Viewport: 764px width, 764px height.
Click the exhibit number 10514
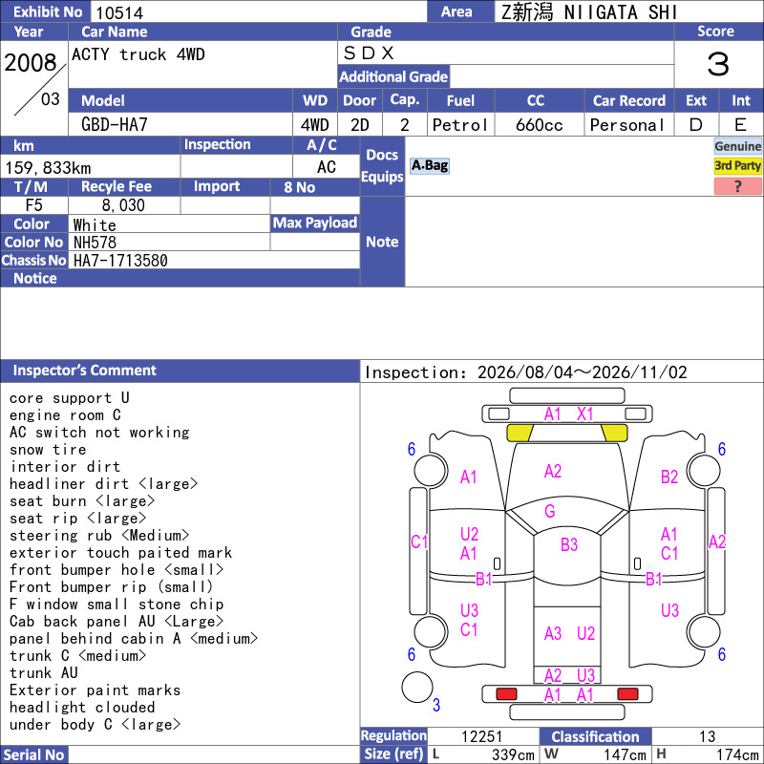pyautogui.click(x=119, y=12)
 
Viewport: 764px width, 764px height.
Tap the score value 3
pyautogui.click(x=718, y=64)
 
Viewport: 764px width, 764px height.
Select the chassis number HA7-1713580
pyautogui.click(x=120, y=261)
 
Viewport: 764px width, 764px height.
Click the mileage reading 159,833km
pyautogui.click(x=48, y=168)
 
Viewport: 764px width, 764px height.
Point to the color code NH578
pyautogui.click(x=95, y=243)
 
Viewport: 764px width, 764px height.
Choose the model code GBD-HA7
pyautogui.click(x=114, y=125)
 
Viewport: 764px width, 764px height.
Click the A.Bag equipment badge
pyautogui.click(x=429, y=165)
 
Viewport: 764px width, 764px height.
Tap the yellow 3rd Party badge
pyautogui.click(x=737, y=166)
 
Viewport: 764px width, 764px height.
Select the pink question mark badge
pyautogui.click(x=737, y=186)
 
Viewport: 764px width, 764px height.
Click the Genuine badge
pyautogui.click(x=737, y=146)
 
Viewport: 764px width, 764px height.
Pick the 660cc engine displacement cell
pyautogui.click(x=539, y=125)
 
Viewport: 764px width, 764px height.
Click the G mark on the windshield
pyautogui.click(x=550, y=511)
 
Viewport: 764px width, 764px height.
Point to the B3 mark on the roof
pyautogui.click(x=568, y=544)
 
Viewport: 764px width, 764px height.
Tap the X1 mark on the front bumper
pyautogui.click(x=584, y=414)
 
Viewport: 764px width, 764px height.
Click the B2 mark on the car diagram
pyautogui.click(x=669, y=477)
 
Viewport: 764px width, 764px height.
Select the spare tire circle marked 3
pyautogui.click(x=417, y=687)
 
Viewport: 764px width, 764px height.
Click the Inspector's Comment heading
pyautogui.click(x=84, y=371)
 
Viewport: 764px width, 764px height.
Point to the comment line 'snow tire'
pyautogui.click(x=48, y=449)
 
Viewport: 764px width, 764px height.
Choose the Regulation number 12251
pyautogui.click(x=481, y=736)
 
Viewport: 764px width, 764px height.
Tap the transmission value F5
pyautogui.click(x=33, y=205)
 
